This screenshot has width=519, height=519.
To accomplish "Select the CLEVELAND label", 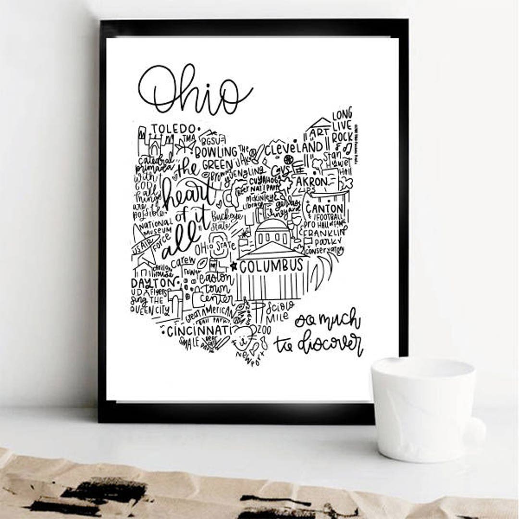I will click(294, 147).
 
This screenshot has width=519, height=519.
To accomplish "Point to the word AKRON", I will click(311, 182).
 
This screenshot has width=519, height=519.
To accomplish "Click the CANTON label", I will click(325, 209).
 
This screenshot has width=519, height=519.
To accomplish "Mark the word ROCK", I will click(342, 137).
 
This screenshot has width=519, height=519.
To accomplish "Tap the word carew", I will click(183, 262).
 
